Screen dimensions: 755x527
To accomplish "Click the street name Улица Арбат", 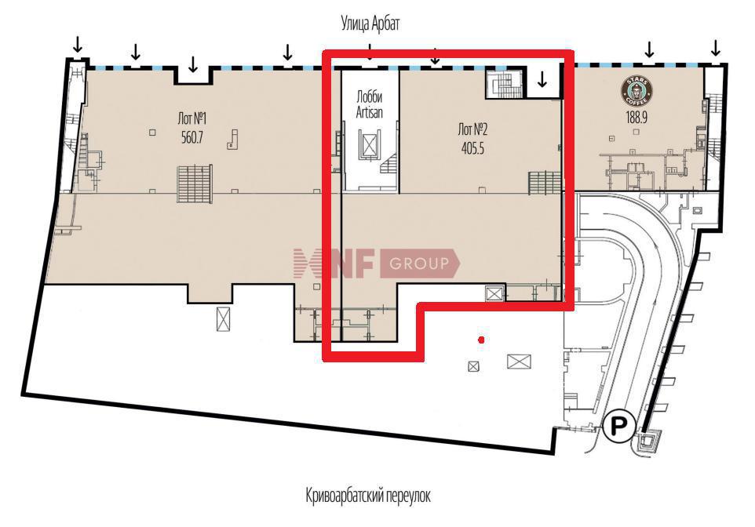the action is [370, 23].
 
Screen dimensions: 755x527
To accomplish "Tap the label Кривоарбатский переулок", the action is [368, 495].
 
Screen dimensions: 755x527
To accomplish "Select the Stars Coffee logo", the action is [636, 90].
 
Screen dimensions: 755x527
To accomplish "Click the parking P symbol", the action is [619, 425].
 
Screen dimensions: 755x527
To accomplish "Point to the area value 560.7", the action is [192, 138].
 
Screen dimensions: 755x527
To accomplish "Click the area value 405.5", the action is [472, 149].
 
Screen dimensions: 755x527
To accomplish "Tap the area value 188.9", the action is [636, 117].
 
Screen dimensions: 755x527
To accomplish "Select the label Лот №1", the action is [192, 118].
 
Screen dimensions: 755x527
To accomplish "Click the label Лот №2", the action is [472, 129].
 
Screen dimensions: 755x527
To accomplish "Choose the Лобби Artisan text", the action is [370, 105].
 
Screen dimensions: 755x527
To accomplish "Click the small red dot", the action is [480, 340].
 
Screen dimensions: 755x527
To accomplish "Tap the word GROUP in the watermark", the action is [418, 263].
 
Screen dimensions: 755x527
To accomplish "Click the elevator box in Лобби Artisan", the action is [369, 144].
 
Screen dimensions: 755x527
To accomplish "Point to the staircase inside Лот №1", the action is [195, 184].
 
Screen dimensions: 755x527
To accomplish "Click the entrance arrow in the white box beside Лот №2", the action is [542, 80].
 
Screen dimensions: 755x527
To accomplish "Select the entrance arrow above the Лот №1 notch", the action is [192, 64].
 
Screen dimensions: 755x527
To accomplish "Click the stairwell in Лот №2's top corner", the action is [504, 84].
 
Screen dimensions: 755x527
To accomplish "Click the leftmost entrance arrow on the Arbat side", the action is [77, 45].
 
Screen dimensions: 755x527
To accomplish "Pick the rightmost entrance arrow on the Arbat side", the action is [716, 48].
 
